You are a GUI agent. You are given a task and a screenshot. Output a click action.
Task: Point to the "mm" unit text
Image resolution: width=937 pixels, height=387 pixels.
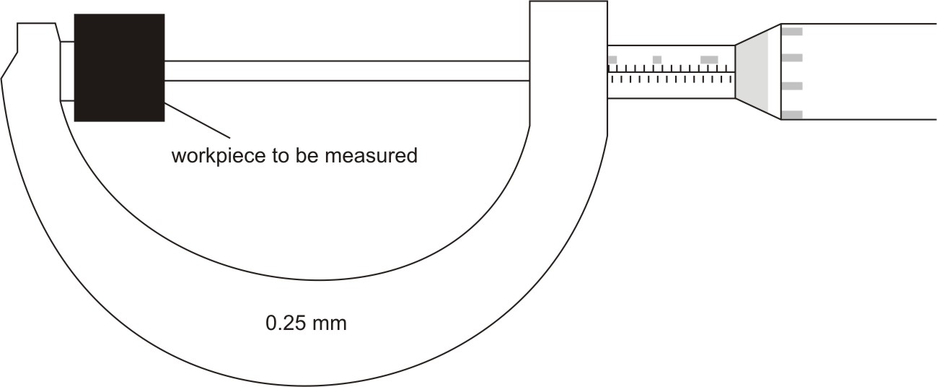pyautogui.click(x=330, y=323)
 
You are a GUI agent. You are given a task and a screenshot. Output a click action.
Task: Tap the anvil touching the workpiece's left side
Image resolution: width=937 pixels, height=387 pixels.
pyautogui.click(x=67, y=70)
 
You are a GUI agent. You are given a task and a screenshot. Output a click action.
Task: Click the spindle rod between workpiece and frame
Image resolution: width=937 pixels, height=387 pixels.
pyautogui.click(x=346, y=70)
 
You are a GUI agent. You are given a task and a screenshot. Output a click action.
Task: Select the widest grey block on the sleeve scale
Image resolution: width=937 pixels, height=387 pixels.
pyautogui.click(x=709, y=58)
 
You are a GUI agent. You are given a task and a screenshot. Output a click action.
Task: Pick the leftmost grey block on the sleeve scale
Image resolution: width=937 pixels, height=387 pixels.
pyautogui.click(x=612, y=58)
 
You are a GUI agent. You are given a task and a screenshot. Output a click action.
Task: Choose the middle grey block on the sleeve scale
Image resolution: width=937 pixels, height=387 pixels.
pyautogui.click(x=657, y=58)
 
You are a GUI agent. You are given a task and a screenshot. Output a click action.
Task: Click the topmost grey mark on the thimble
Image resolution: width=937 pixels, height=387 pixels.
pyautogui.click(x=792, y=31)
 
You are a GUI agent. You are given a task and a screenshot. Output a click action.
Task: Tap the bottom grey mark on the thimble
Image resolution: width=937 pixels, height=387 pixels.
pyautogui.click(x=792, y=114)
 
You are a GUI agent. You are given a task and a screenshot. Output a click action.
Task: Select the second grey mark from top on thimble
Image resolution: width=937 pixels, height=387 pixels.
pyautogui.click(x=792, y=56)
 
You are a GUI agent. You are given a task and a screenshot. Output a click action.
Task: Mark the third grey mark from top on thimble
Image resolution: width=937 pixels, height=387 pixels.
pyautogui.click(x=792, y=86)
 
